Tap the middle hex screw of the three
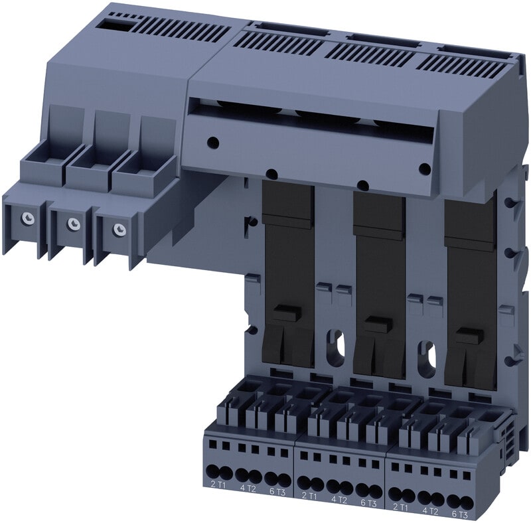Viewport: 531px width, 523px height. (x=73, y=223)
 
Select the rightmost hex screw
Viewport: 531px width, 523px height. (x=119, y=230)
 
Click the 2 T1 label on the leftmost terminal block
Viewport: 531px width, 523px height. (x=218, y=485)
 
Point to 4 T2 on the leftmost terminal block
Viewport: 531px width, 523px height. (x=248, y=488)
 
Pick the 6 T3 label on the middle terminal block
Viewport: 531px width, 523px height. (x=368, y=503)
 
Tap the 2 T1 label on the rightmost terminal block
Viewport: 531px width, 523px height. (x=400, y=507)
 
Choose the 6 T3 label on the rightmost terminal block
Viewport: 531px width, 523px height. (x=459, y=514)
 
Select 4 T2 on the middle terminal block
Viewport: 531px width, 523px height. (x=339, y=499)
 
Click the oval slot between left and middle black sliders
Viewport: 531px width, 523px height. (x=335, y=348)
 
